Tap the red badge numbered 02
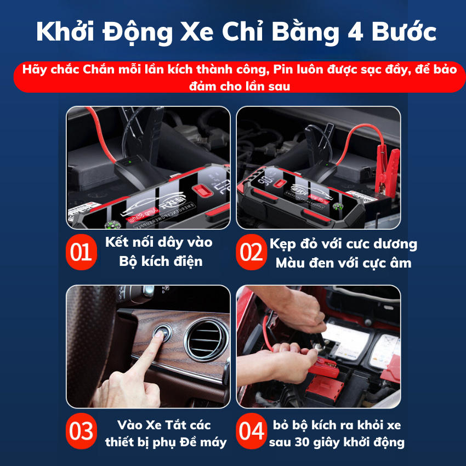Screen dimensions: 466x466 [252, 252]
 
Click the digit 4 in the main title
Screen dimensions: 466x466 [345, 32]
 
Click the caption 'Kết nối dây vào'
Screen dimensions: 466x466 [160, 242]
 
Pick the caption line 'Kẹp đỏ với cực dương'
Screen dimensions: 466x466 [343, 244]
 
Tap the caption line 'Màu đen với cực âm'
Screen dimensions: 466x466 [343, 263]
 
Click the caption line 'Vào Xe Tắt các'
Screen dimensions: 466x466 [164, 425]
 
